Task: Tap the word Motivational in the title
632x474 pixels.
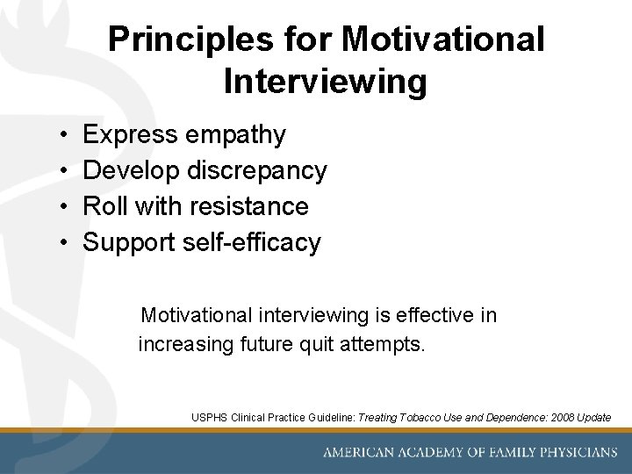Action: coord(443,39)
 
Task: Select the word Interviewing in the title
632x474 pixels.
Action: coord(326,82)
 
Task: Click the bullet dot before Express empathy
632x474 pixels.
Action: coord(66,135)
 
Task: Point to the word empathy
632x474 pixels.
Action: coord(235,135)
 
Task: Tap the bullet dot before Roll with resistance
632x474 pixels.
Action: coord(66,207)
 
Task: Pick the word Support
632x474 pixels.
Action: coord(129,242)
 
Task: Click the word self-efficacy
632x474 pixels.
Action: coord(252,242)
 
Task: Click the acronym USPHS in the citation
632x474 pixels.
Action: coord(210,418)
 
